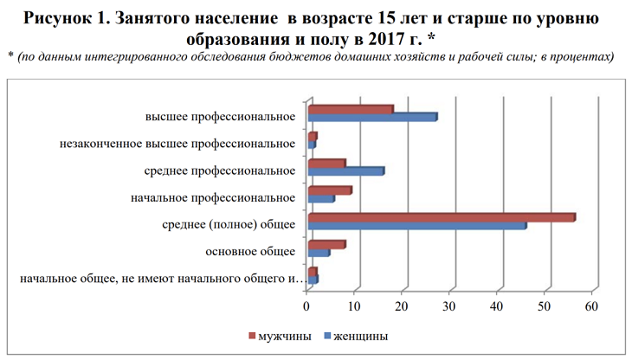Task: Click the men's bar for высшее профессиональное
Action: pyautogui.click(x=351, y=109)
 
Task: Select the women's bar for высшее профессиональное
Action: pyautogui.click(x=372, y=117)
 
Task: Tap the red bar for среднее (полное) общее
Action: pyautogui.click(x=442, y=217)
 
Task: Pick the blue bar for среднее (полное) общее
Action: pyautogui.click(x=416, y=226)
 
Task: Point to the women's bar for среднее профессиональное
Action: pyautogui.click(x=345, y=171)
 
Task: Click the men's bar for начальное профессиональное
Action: pyautogui.click(x=330, y=190)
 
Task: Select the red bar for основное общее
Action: pyautogui.click(x=326, y=244)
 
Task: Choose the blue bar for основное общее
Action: pyautogui.click(x=319, y=253)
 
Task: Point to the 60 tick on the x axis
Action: pyautogui.click(x=592, y=305)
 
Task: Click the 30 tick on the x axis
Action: pyautogui.click(x=449, y=305)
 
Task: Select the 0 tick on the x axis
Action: pyautogui.click(x=307, y=305)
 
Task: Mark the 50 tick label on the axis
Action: pyautogui.click(x=545, y=305)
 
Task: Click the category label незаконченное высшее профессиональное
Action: pyautogui.click(x=178, y=144)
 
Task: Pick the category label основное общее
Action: pyautogui.click(x=250, y=252)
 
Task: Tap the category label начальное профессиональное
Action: pyautogui.click(x=213, y=197)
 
